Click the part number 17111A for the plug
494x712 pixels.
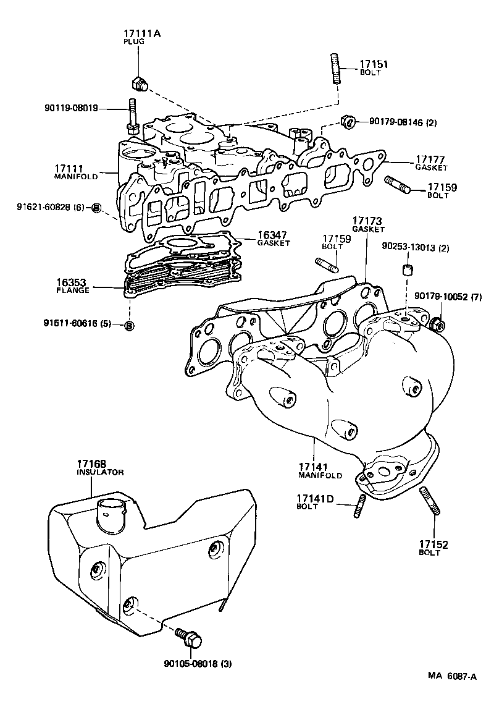coord(141,33)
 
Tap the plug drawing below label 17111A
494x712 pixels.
coord(140,83)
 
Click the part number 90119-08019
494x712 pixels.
coord(70,108)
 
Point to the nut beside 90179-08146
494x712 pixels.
coord(348,121)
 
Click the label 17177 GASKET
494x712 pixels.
coord(430,163)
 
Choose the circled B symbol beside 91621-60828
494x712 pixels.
coord(96,208)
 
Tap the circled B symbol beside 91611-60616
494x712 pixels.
coord(129,325)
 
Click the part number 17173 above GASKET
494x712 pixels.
coord(368,221)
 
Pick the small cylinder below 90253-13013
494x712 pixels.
coord(407,270)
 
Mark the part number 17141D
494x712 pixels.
coord(315,499)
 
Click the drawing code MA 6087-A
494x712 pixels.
coord(453,676)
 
